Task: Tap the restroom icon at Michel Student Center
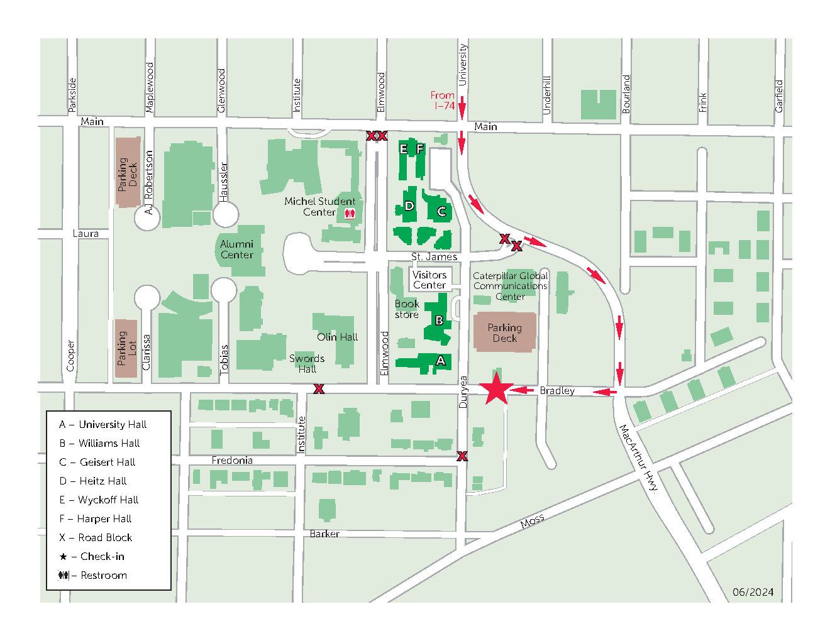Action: click(350, 213)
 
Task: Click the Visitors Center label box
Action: click(429, 280)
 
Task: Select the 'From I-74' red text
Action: click(443, 101)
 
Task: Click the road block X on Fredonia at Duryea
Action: click(462, 456)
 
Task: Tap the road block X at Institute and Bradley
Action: click(319, 389)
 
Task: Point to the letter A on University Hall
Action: click(440, 361)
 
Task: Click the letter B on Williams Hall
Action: click(439, 320)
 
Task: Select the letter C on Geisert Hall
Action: click(441, 212)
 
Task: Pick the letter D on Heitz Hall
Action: click(409, 206)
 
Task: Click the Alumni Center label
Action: click(236, 249)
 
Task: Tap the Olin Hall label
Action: click(337, 337)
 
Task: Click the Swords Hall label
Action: click(307, 364)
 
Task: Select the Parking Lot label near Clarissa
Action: click(126, 349)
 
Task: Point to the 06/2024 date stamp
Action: click(753, 592)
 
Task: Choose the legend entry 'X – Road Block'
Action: click(96, 537)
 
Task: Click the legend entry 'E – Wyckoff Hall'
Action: click(99, 500)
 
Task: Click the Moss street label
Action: click(532, 521)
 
